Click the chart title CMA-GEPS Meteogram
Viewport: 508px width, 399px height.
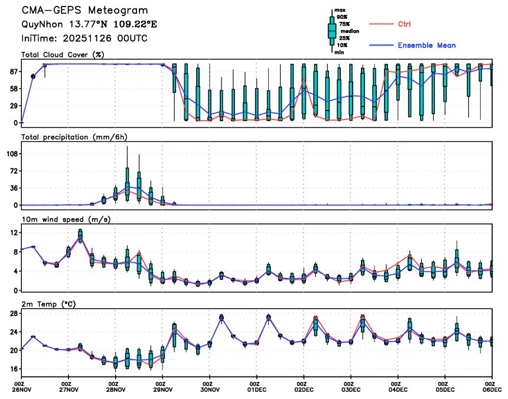coord(85,11)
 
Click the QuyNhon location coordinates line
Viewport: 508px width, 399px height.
coord(89,25)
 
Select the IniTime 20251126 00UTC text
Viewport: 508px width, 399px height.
coord(84,38)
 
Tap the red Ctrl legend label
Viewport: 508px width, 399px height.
coord(404,24)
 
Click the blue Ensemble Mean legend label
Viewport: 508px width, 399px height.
coord(426,46)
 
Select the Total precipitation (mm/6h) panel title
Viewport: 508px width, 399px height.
coord(74,137)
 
